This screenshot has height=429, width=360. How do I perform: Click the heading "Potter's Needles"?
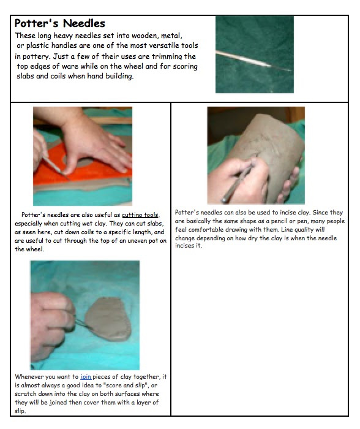click(x=59, y=23)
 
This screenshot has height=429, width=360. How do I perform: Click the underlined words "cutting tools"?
click(x=140, y=215)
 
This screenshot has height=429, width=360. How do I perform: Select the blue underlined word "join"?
click(x=86, y=377)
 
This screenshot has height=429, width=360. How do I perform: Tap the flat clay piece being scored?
click(x=108, y=319)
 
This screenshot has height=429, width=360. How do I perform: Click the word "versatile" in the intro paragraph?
click(x=166, y=45)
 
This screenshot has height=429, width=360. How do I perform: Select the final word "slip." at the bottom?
click(x=20, y=411)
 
